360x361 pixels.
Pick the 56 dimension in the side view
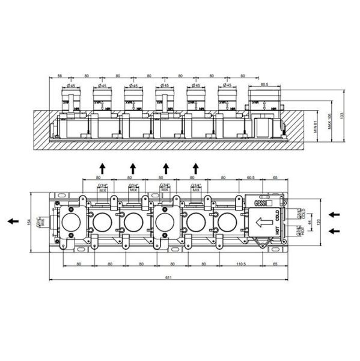[60, 75]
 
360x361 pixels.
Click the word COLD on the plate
[278, 215]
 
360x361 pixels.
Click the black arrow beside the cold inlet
[335, 214]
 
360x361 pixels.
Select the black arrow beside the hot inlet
[335, 230]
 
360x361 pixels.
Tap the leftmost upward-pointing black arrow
[102, 167]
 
